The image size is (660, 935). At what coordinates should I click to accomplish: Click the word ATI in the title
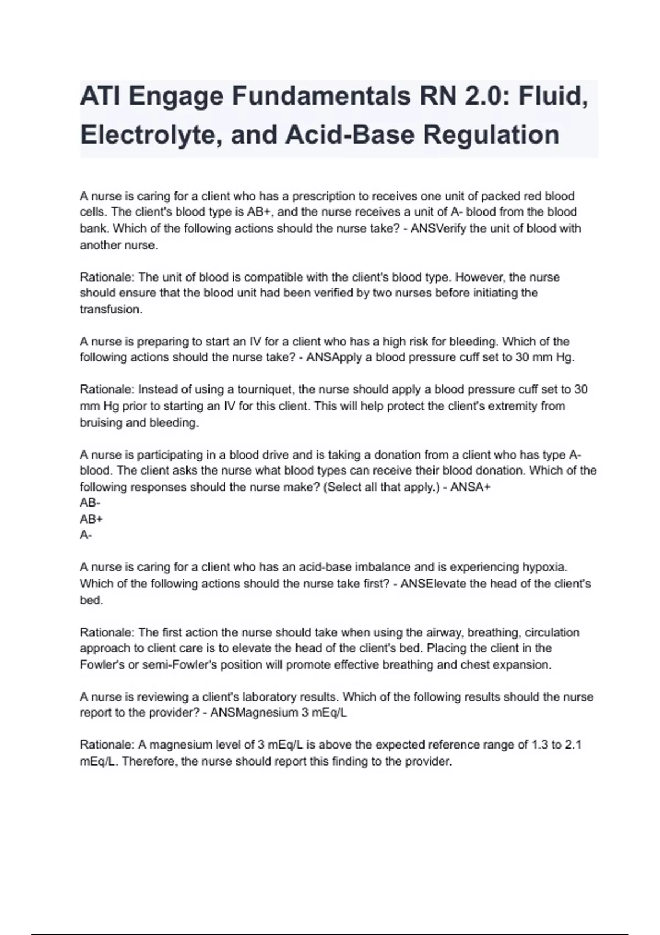click(100, 97)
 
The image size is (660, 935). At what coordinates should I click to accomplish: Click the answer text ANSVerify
click(438, 228)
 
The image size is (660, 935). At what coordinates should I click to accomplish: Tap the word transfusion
click(111, 310)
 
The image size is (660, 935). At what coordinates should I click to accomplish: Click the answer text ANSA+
click(470, 487)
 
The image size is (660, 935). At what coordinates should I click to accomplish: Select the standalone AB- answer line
click(90, 503)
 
